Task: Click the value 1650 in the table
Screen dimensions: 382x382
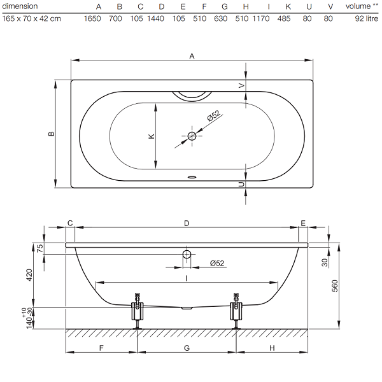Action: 92,18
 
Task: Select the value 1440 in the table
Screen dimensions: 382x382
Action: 156,18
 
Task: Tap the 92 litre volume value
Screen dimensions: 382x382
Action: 367,18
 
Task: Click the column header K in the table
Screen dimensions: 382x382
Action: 288,6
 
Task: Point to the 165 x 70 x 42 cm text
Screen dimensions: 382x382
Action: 31,18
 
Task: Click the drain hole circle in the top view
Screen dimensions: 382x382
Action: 192,136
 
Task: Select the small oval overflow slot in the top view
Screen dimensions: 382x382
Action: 192,177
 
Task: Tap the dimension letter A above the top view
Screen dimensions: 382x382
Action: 192,56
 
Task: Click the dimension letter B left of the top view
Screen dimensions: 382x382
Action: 52,134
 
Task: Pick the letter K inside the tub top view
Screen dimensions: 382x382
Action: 152,136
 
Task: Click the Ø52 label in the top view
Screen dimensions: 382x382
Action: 214,115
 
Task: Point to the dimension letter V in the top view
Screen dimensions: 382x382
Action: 241,85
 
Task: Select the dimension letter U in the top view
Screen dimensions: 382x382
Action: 241,185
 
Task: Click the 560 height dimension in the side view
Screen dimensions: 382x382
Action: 335,286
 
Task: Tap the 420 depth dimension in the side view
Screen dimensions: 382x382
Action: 29,275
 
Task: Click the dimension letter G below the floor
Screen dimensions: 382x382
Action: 187,348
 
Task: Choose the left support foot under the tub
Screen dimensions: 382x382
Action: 138,311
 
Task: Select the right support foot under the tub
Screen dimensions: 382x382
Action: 236,311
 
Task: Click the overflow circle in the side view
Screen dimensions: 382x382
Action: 187,254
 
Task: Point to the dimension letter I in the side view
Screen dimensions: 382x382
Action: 187,278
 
